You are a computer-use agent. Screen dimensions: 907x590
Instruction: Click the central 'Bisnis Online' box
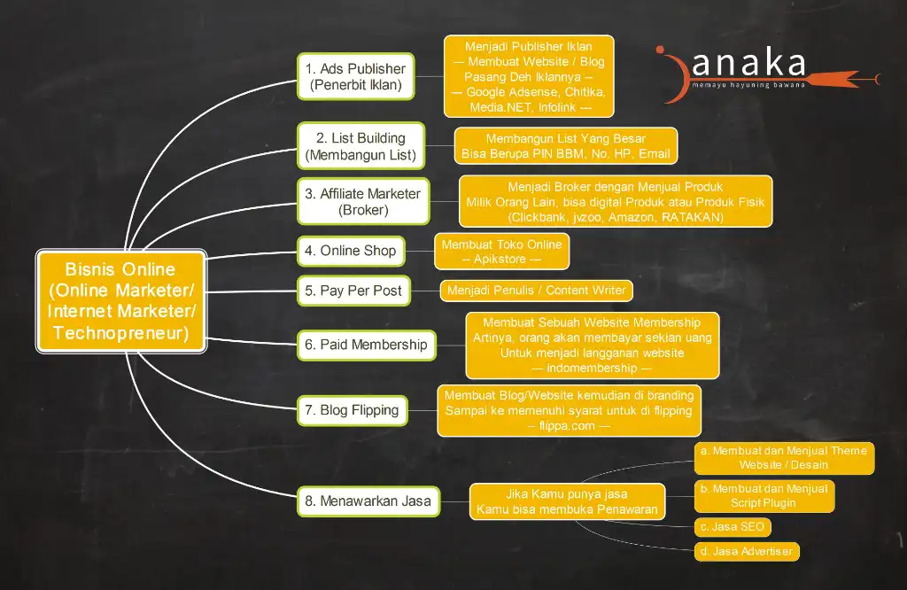click(120, 301)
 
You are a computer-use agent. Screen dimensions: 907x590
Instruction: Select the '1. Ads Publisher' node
click(356, 76)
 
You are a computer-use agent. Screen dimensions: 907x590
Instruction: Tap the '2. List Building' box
click(361, 146)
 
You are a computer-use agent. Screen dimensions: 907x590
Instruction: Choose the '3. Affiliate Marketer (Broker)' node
click(363, 201)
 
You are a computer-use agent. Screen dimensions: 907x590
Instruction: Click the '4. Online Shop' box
click(351, 251)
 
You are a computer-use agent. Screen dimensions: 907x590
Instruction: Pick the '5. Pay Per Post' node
click(353, 291)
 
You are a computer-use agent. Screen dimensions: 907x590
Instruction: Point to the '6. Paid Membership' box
click(366, 345)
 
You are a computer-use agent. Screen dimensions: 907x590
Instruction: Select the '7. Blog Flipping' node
click(353, 410)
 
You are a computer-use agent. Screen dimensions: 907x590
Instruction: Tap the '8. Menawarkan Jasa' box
click(368, 501)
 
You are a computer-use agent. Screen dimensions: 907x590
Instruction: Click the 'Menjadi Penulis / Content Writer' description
click(536, 291)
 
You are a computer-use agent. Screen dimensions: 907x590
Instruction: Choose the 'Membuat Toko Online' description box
click(501, 252)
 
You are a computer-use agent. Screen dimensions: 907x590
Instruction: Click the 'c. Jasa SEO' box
click(733, 527)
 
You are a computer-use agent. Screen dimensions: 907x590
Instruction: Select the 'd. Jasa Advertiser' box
click(747, 551)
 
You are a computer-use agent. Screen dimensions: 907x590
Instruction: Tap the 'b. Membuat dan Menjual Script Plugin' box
click(764, 496)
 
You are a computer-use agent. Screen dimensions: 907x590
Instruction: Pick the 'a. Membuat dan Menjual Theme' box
click(784, 458)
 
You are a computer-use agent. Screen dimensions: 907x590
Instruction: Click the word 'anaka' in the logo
click(748, 64)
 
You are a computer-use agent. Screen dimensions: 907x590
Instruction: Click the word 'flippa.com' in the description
click(567, 426)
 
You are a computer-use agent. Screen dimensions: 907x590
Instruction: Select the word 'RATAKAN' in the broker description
click(693, 218)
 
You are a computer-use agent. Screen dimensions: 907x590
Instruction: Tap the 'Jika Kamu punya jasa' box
click(567, 501)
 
